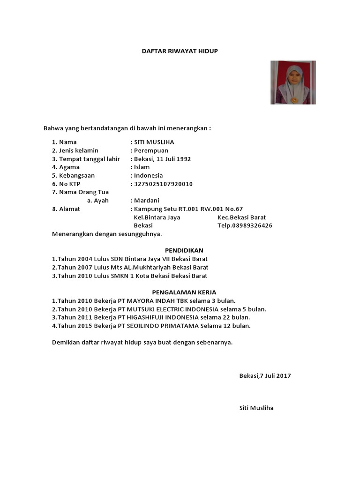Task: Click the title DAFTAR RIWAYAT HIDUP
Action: pos(180,51)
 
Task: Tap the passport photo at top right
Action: pos(293,82)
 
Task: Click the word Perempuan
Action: pos(151,150)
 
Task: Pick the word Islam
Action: pos(142,167)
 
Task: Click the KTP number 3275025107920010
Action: pos(163,184)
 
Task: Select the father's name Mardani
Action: pos(147,201)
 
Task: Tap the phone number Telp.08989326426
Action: pos(245,225)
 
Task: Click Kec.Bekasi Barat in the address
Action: pos(241,217)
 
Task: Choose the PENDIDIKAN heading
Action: pos(184,251)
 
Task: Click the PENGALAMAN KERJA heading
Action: pos(184,292)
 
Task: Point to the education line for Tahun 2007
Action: pos(130,268)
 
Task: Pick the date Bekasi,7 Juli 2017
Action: pos(265,376)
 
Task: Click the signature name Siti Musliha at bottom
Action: pos(256,408)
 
